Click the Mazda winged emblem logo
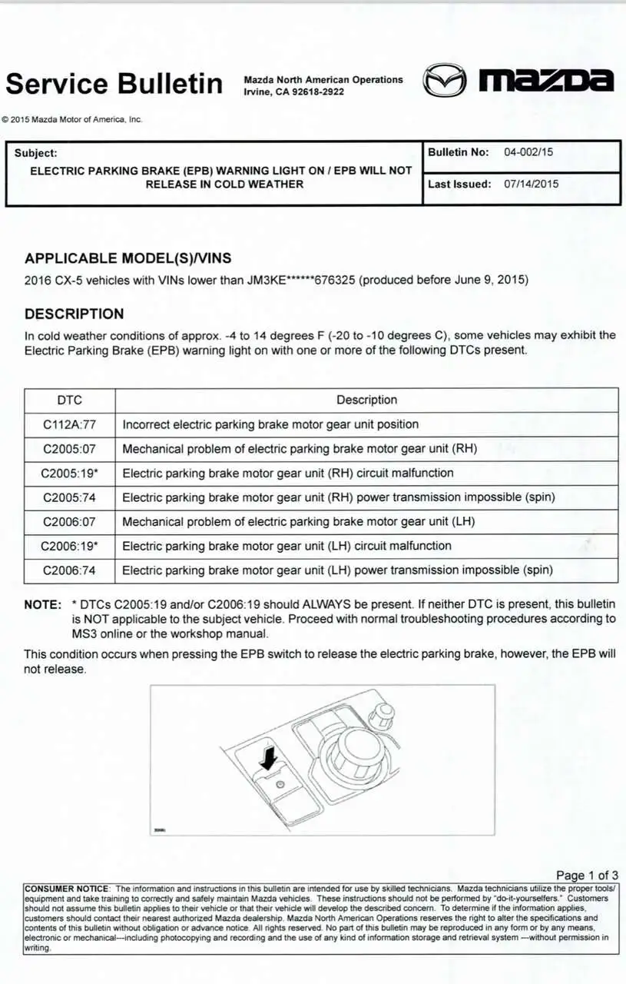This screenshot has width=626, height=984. tap(445, 80)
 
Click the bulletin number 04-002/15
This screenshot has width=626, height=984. tap(528, 152)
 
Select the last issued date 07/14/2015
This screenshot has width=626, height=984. tap(532, 184)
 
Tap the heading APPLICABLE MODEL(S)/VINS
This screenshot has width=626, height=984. tap(128, 258)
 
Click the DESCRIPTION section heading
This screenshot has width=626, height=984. tap(74, 314)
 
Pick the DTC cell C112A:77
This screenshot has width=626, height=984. tap(69, 424)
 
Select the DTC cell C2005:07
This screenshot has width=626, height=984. tap(69, 449)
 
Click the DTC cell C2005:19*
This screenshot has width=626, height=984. tap(69, 473)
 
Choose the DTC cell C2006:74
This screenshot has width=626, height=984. tap(69, 570)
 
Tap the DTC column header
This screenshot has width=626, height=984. tap(69, 400)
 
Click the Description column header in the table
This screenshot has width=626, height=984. tap(366, 400)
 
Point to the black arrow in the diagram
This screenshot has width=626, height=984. tap(268, 757)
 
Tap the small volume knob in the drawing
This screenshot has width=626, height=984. tap(382, 716)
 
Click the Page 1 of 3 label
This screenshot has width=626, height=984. tap(587, 875)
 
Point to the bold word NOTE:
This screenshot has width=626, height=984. tap(42, 605)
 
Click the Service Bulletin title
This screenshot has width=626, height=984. tap(114, 83)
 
